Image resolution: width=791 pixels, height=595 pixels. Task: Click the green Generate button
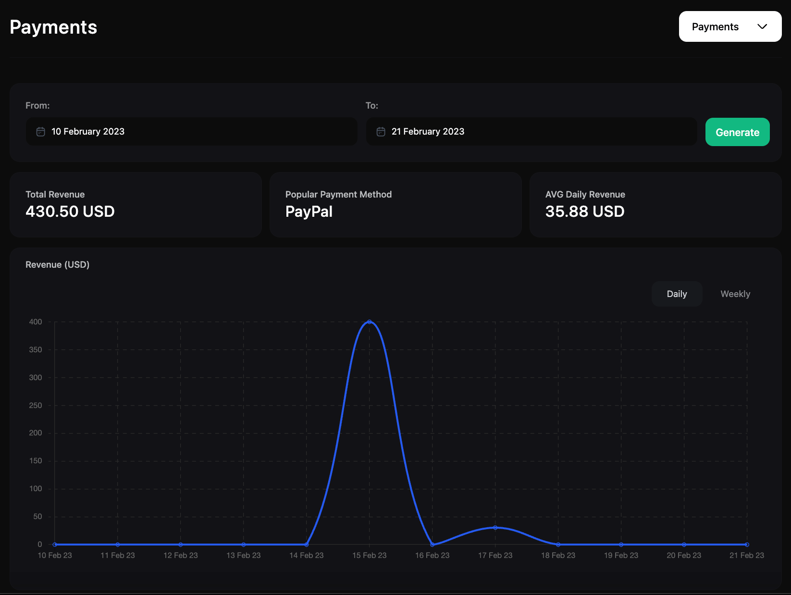click(737, 132)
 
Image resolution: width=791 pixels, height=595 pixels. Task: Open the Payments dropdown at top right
click(729, 27)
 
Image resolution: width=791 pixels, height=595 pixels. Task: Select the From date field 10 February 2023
click(191, 132)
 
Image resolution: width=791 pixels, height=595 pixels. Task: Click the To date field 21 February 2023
click(531, 132)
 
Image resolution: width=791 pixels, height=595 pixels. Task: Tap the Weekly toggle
click(735, 294)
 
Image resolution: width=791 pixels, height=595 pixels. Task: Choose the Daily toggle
click(677, 294)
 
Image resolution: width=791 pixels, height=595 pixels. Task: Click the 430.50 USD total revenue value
click(70, 211)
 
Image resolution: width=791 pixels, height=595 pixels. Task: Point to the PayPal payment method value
click(309, 211)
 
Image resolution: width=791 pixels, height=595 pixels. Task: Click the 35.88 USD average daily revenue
click(585, 211)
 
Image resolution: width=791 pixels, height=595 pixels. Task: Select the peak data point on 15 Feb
click(369, 322)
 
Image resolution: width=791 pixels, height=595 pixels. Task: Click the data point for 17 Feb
click(495, 528)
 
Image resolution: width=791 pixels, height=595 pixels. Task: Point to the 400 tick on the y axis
click(36, 322)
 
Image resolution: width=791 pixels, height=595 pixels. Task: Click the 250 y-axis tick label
click(36, 406)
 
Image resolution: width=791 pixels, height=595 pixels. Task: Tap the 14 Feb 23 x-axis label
click(307, 556)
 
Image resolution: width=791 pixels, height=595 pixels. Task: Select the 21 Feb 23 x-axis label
click(746, 556)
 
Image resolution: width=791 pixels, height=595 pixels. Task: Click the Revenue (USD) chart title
click(57, 265)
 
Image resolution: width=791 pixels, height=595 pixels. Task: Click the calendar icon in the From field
click(41, 132)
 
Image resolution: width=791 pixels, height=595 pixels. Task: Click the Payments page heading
click(53, 27)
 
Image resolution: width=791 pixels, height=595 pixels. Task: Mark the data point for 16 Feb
click(432, 545)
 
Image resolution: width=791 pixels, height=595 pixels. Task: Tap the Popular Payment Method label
click(338, 195)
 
